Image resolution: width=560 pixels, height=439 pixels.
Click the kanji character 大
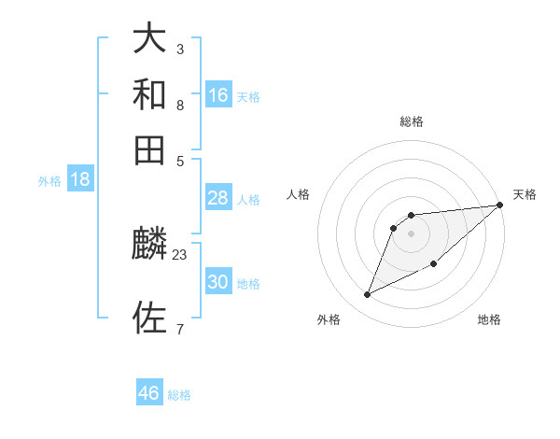click(x=150, y=39)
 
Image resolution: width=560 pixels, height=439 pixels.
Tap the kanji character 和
click(x=150, y=94)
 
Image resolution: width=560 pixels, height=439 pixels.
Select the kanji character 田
click(x=150, y=149)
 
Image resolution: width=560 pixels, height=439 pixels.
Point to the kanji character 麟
click(x=150, y=245)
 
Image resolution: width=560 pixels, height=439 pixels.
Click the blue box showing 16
click(x=218, y=94)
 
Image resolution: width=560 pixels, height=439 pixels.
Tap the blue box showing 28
click(x=218, y=198)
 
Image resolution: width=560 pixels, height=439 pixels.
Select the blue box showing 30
click(x=218, y=282)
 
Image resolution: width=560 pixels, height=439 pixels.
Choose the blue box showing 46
click(x=149, y=393)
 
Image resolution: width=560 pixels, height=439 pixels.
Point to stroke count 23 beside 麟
click(x=180, y=254)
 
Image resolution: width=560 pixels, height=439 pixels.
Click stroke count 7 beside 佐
click(x=180, y=329)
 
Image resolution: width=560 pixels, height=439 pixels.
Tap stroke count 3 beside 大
click(x=180, y=49)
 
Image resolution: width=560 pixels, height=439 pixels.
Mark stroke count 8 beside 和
click(x=180, y=105)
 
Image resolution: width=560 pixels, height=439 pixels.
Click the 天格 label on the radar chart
click(x=525, y=194)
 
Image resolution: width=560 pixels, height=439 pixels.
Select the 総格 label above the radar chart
click(x=412, y=121)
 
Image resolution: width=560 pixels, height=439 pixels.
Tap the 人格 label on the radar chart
click(x=299, y=194)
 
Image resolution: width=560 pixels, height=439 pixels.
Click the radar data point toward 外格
click(x=368, y=294)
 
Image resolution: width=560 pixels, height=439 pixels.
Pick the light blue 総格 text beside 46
click(x=179, y=395)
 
